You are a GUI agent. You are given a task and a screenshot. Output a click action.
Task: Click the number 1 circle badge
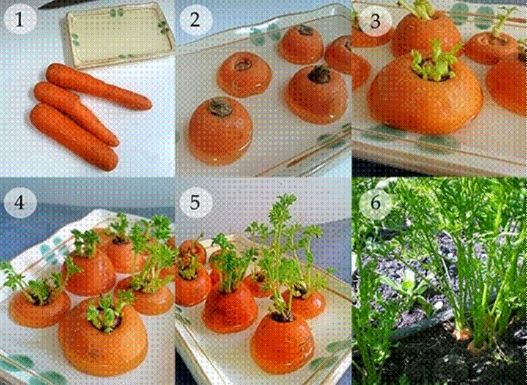tap(20, 20)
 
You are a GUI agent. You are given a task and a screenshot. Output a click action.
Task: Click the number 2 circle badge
tap(195, 20)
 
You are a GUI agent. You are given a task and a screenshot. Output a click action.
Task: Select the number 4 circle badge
tap(20, 202)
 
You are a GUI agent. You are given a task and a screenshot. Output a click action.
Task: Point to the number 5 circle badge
tap(195, 202)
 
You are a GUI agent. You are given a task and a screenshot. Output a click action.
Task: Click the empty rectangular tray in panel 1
tap(116, 34)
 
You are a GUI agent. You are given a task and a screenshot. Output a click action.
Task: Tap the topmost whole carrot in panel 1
tap(98, 86)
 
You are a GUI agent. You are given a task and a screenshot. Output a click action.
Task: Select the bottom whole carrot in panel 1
tap(73, 138)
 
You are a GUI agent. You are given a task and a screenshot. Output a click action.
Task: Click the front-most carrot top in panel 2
tap(220, 132)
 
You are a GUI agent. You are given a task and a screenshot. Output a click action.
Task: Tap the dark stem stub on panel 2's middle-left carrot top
tap(243, 62)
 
